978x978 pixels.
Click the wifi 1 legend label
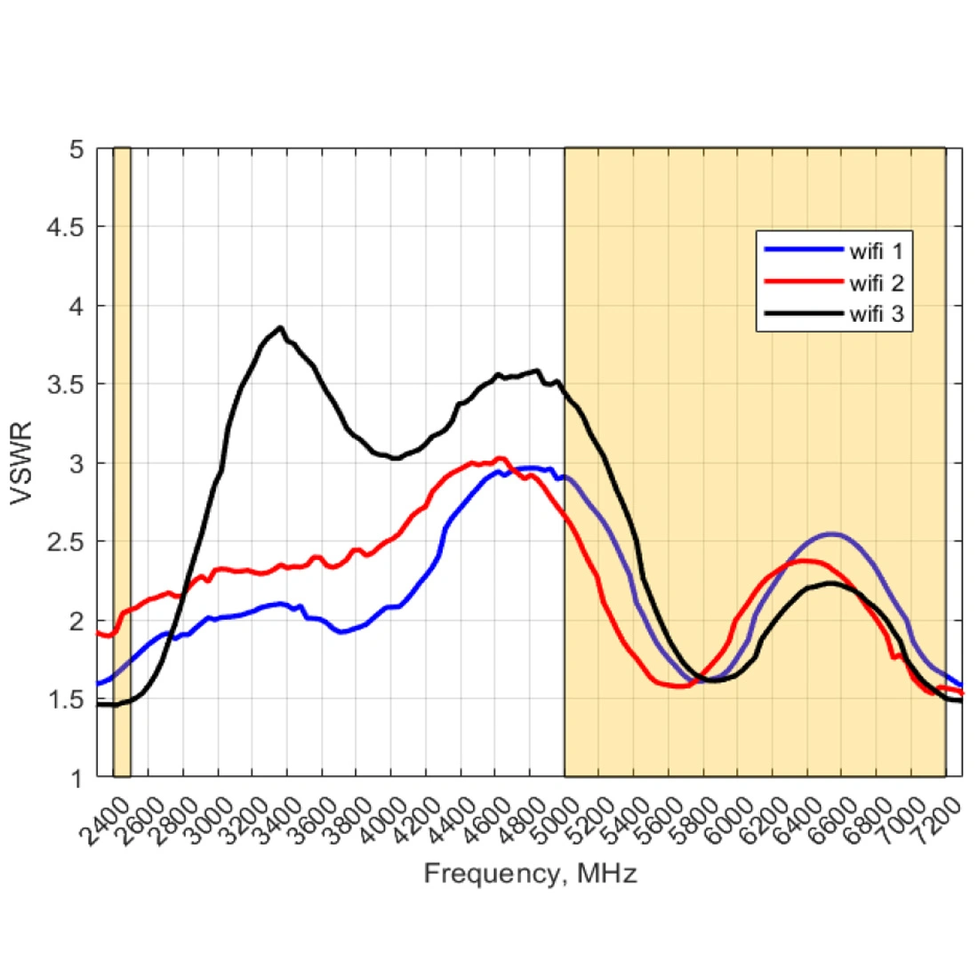pos(876,252)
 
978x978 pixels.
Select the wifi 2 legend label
pos(876,283)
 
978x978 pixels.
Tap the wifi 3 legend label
pos(876,314)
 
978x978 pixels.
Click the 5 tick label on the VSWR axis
pos(77,149)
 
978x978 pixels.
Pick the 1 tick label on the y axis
pos(77,778)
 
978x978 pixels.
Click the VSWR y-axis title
pos(21,463)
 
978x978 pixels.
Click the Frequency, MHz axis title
pos(530,874)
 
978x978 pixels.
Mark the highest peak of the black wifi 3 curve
pos(280,328)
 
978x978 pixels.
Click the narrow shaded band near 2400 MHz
pos(122,462)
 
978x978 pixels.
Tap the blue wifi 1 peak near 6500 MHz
pos(831,534)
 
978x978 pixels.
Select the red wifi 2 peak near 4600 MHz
pos(501,459)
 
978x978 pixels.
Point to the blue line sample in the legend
pos(800,252)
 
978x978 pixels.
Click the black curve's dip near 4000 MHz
pos(394,458)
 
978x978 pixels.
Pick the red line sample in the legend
pos(800,283)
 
